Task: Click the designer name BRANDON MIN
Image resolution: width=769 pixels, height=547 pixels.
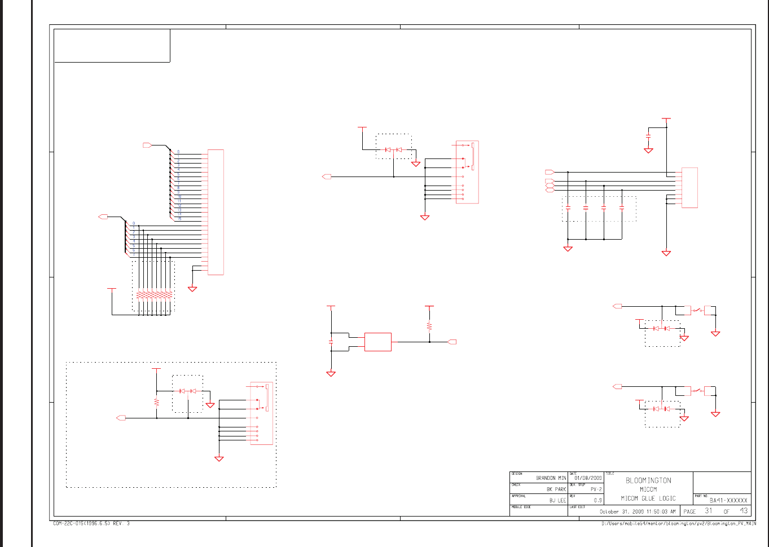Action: click(551, 478)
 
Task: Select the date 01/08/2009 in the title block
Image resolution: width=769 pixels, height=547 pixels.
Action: click(588, 478)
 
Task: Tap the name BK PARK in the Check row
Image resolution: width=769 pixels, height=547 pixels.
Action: click(556, 489)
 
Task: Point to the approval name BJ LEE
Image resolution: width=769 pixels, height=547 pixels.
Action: click(557, 500)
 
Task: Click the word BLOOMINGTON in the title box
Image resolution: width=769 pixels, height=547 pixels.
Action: click(648, 480)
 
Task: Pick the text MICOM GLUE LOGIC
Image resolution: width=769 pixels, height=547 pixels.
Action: click(648, 499)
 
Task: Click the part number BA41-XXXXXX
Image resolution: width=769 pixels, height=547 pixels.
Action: click(728, 500)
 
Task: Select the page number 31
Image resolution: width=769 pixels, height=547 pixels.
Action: click(709, 511)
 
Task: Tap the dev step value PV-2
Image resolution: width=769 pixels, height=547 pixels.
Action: click(596, 489)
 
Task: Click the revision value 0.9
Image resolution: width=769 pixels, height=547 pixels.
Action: click(597, 500)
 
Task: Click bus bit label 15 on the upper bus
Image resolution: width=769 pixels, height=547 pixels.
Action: click(179, 218)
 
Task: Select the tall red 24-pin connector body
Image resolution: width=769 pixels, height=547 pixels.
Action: click(216, 212)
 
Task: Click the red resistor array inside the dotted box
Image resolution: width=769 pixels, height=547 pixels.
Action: click(154, 295)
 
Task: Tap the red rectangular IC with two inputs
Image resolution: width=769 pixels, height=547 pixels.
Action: click(378, 342)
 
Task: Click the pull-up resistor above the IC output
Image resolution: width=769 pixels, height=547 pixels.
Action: click(429, 326)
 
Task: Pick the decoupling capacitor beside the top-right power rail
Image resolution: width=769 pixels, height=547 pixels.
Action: click(648, 137)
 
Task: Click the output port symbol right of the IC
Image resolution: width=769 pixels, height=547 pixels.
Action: click(451, 342)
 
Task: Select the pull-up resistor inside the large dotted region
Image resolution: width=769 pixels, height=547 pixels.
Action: click(156, 402)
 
